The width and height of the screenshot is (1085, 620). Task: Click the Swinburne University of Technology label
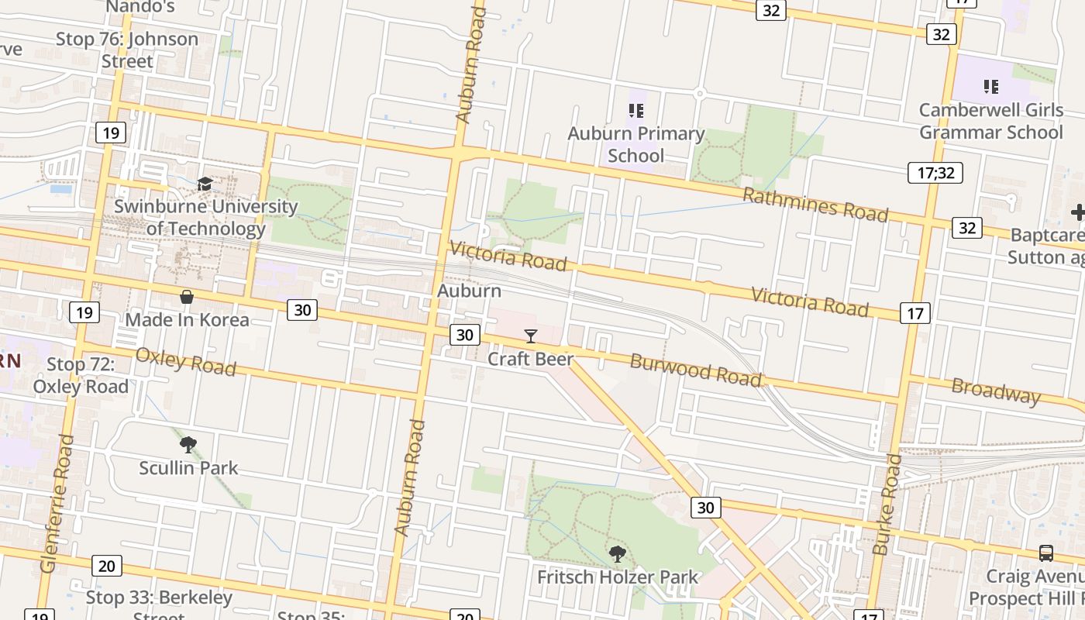[x=205, y=218]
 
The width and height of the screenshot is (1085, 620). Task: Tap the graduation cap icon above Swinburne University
[x=205, y=184]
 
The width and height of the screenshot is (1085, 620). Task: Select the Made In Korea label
[x=187, y=319]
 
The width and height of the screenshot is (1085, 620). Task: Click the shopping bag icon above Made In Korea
[x=187, y=297]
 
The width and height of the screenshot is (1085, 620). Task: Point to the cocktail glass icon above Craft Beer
[x=531, y=336]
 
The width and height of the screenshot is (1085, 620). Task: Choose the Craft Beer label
[x=531, y=359]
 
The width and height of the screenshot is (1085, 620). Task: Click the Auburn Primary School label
[x=636, y=144]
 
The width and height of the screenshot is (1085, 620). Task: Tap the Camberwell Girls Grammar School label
[x=991, y=121]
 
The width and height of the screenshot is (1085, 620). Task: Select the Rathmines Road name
[x=815, y=205]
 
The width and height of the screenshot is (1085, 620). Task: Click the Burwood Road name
[x=695, y=369]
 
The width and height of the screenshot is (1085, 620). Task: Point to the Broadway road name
[x=996, y=391]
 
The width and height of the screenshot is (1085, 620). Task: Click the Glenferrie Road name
[x=58, y=504]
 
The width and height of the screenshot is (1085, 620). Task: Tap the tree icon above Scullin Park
[x=188, y=445]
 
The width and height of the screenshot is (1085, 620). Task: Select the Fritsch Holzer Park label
[x=618, y=577]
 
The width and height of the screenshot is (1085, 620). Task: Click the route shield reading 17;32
[x=935, y=173]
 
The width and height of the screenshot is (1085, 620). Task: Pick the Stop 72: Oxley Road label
[x=81, y=375]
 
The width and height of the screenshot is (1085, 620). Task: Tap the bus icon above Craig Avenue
[x=1045, y=553]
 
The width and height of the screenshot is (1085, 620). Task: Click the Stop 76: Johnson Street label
[x=127, y=50]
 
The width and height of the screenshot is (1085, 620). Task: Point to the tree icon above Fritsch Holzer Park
[x=618, y=553]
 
